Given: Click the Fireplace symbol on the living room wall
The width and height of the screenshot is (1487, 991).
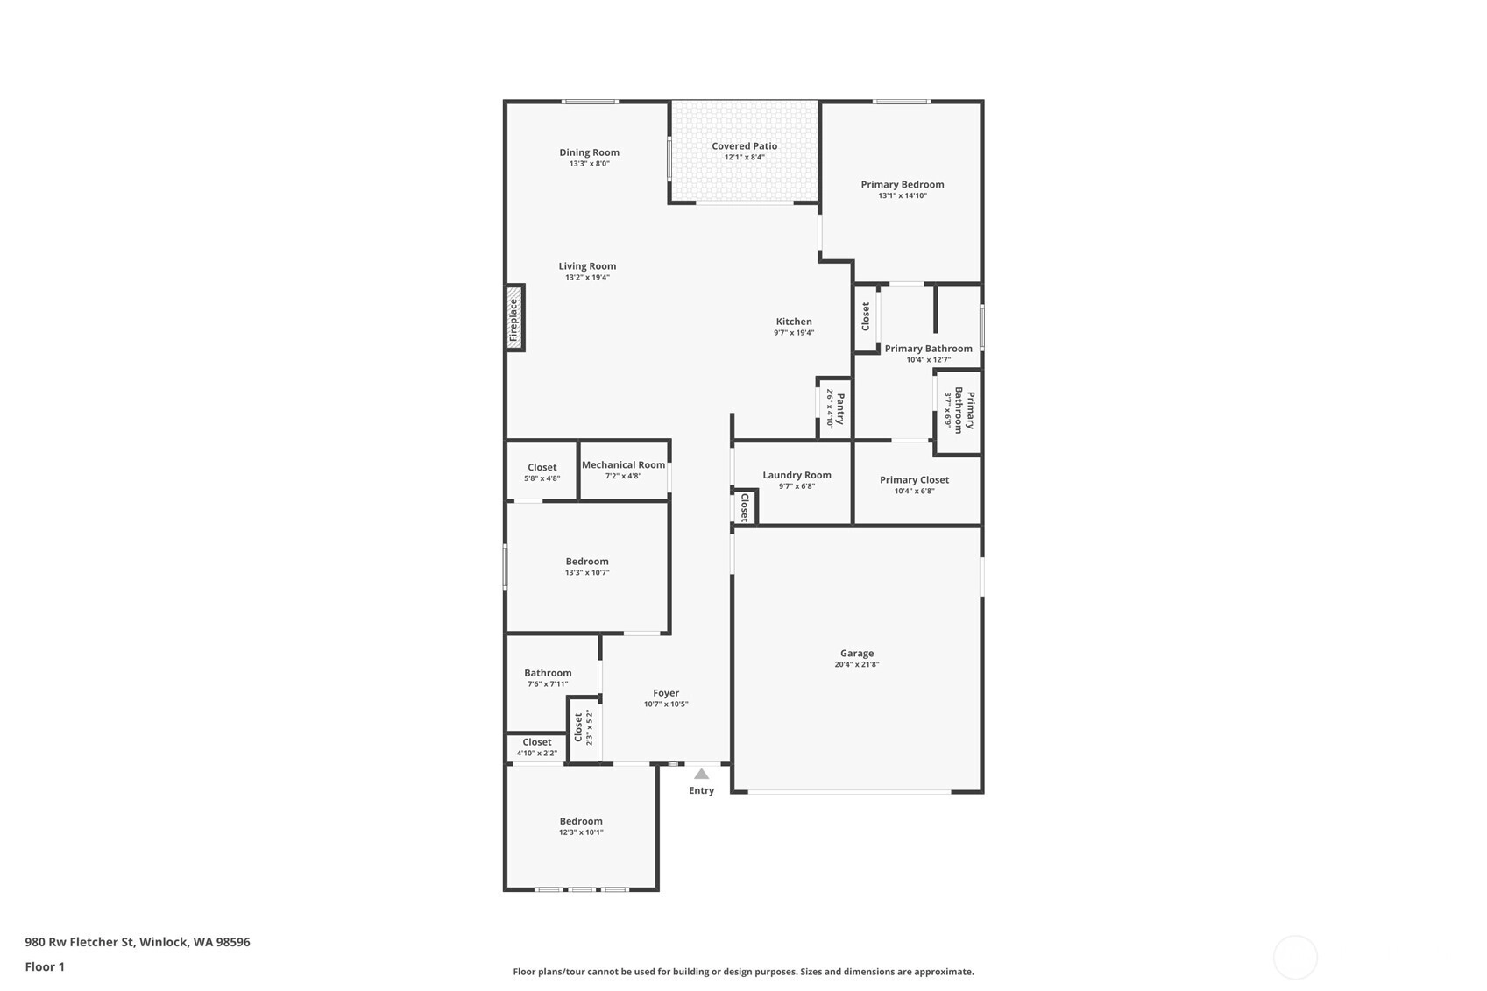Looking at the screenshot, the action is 515,317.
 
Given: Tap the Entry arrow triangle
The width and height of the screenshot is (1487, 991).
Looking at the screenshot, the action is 701,774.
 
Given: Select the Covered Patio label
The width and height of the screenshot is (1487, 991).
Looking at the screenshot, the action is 744,146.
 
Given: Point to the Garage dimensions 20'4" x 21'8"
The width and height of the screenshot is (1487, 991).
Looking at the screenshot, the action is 856,664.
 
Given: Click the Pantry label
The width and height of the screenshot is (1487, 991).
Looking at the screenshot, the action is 840,409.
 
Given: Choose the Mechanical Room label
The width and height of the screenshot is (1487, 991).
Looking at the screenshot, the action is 623,464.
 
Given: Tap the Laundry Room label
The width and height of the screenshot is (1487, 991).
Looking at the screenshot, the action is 797,475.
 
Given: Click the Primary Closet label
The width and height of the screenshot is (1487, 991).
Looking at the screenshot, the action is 914,480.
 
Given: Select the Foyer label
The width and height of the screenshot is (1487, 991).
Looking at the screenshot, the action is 666,693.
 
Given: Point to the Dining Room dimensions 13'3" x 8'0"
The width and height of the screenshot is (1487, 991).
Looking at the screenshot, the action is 589,164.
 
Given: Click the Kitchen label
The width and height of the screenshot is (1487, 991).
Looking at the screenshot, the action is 794,322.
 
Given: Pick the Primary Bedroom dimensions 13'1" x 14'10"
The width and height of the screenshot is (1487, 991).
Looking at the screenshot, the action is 903,195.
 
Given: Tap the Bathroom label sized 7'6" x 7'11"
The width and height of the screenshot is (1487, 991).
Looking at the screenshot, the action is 548,673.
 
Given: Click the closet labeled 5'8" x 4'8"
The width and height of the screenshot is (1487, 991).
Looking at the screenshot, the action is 542,467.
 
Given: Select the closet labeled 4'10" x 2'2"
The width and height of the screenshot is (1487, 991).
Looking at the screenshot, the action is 536,742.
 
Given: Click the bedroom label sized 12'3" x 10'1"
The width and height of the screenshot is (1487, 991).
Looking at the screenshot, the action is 581,821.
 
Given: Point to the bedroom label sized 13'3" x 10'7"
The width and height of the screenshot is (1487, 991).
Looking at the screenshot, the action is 587,562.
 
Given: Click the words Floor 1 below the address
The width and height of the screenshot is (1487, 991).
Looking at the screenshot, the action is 46,966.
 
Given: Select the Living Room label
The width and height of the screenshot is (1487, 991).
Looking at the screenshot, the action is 587,266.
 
